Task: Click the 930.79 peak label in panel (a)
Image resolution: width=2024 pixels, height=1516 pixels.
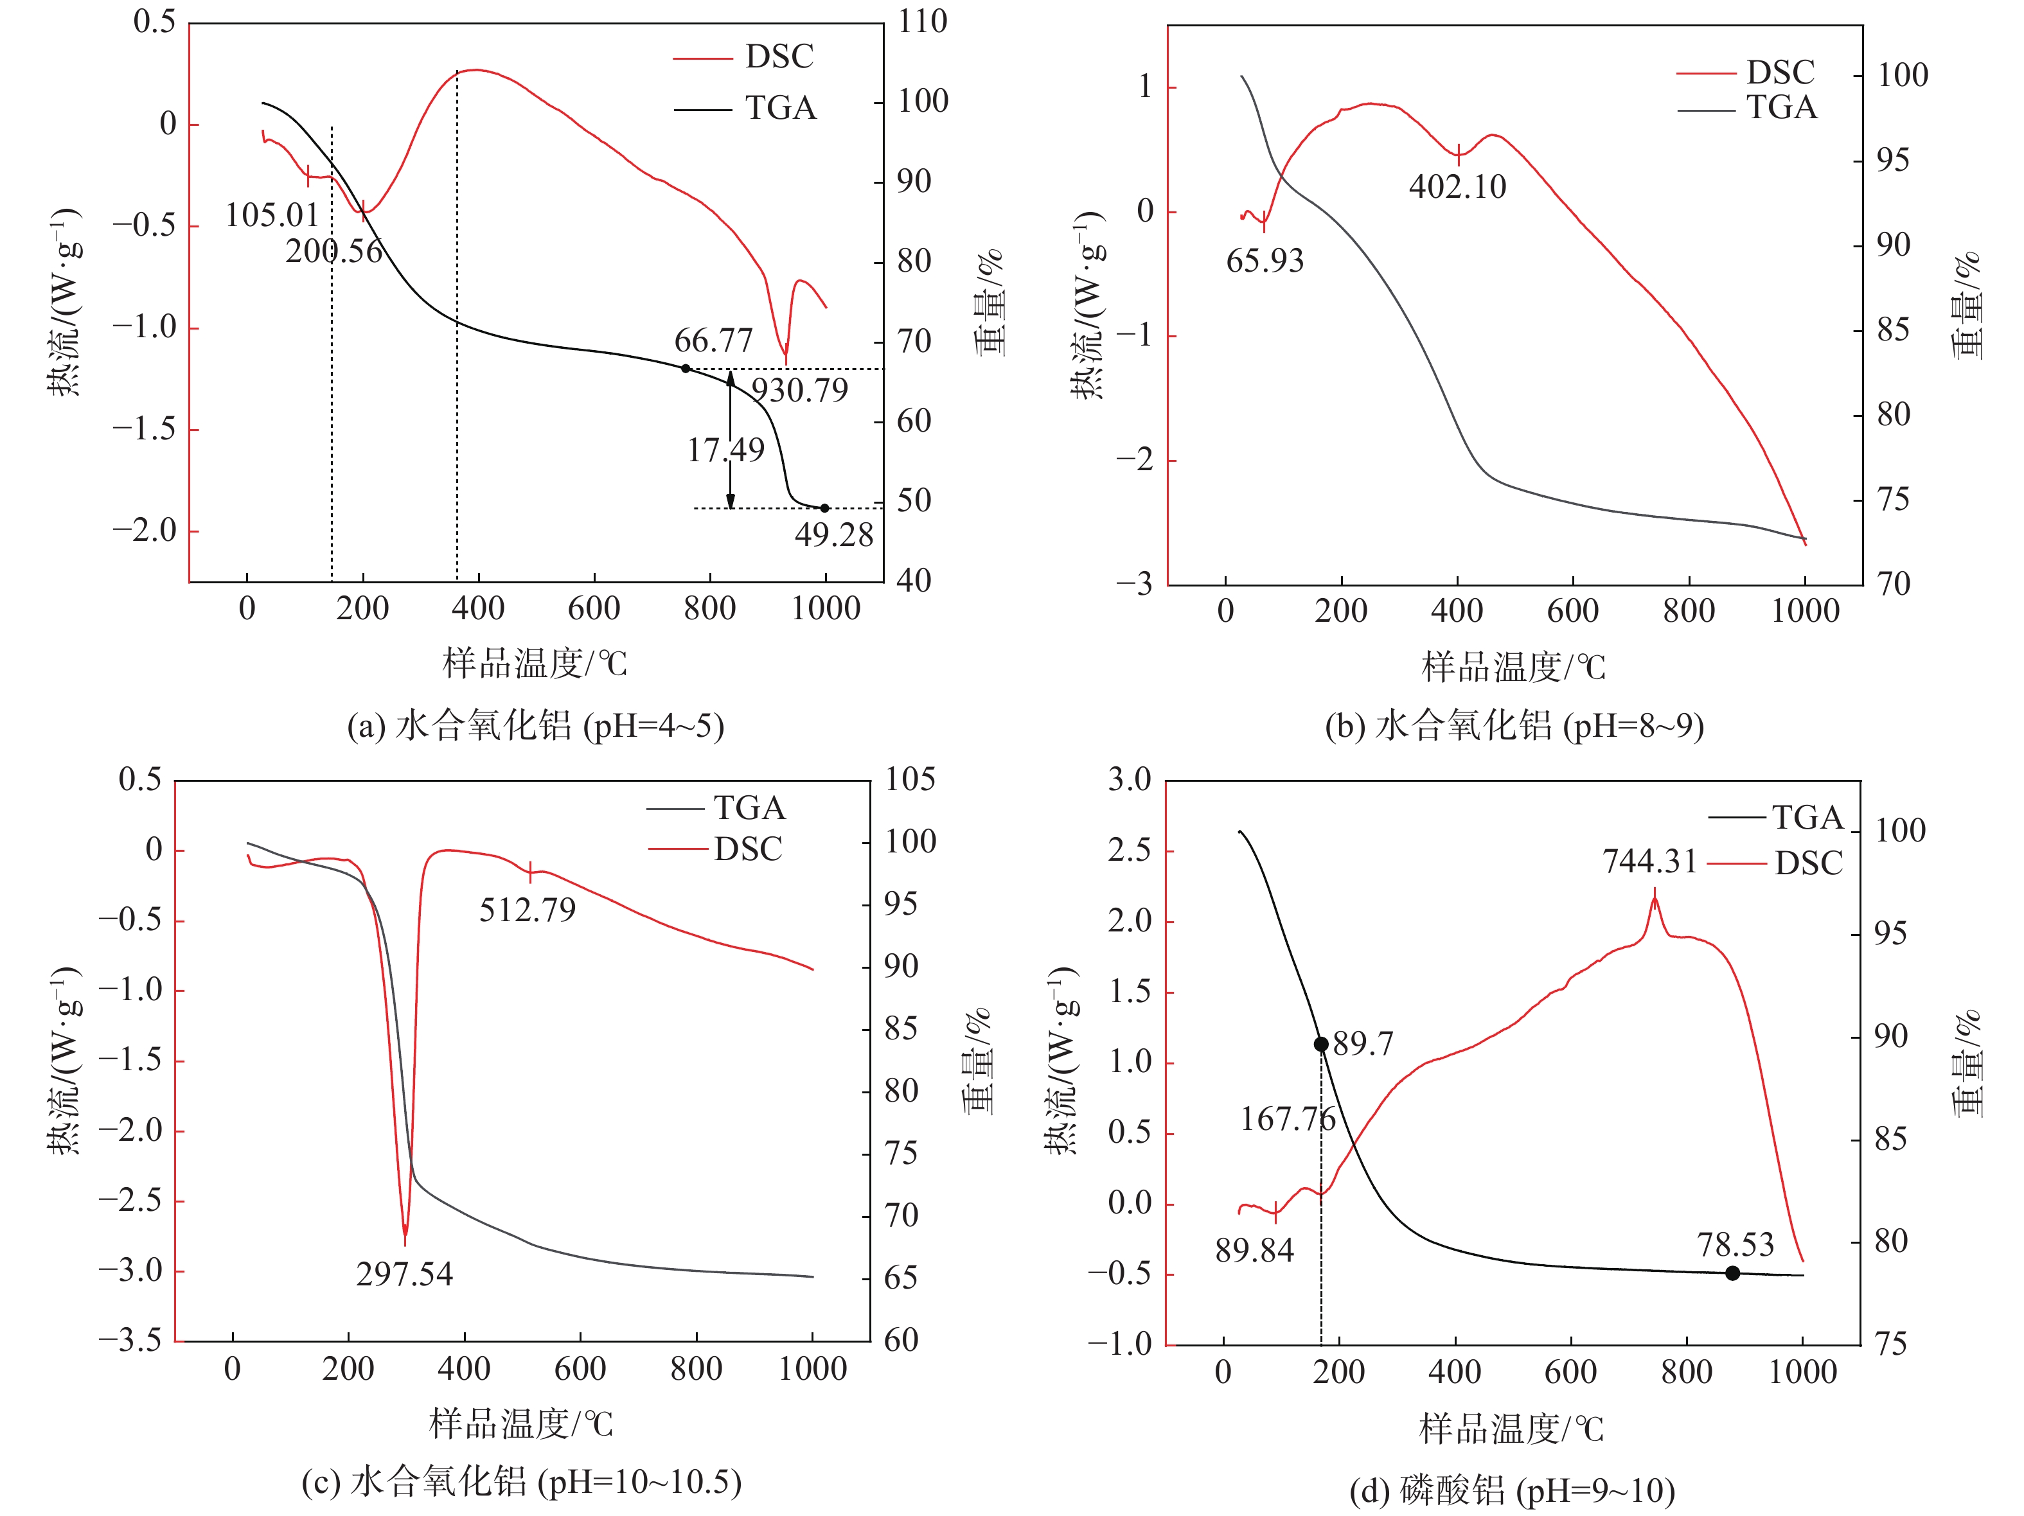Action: coord(800,391)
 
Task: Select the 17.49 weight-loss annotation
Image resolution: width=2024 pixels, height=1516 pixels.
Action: coord(725,450)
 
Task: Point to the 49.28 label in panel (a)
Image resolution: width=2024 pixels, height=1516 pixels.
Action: coord(833,535)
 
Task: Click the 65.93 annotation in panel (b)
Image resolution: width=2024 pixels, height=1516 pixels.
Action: coord(1265,261)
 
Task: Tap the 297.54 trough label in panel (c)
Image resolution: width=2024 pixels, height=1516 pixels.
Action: coord(404,1274)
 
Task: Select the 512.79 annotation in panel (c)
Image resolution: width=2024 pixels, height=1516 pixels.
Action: coord(528,910)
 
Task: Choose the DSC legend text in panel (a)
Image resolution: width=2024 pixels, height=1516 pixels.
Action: coord(779,57)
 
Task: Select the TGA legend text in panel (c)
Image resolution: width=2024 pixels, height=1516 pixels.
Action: coord(749,809)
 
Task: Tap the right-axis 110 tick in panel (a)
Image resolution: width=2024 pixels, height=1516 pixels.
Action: coord(922,22)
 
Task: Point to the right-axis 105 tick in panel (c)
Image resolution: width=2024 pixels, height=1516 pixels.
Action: coord(910,780)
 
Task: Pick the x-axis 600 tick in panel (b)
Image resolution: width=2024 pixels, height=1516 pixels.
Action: coord(1573,611)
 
